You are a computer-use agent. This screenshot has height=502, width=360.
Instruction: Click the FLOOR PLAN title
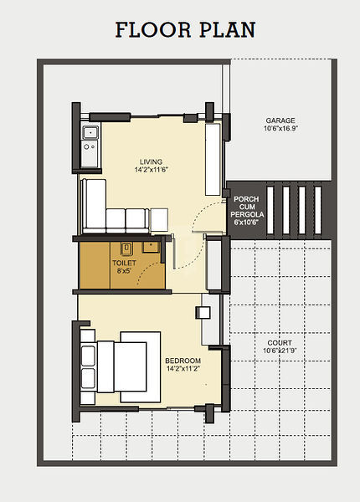185,30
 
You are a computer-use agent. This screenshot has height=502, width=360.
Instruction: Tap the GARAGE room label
280,120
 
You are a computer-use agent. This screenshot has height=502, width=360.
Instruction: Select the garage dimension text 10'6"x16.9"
280,129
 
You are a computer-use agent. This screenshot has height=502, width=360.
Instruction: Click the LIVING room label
152,161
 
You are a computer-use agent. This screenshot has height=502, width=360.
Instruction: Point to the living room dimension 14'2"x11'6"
152,169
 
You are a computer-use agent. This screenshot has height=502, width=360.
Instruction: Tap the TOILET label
124,263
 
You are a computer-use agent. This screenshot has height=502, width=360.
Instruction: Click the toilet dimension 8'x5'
124,271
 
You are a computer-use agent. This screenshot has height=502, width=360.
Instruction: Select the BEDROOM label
183,361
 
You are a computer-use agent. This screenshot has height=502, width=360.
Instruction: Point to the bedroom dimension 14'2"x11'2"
183,368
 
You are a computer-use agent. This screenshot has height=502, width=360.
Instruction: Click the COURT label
280,343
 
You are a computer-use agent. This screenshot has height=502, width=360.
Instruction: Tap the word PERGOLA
247,214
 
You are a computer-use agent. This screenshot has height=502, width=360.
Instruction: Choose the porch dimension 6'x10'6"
246,223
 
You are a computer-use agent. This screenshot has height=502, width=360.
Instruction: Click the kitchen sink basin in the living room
90,132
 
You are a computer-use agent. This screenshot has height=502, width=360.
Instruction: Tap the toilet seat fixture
126,248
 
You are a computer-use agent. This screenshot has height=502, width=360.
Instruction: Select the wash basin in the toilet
151,247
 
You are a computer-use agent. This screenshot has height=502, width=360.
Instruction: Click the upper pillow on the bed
88,356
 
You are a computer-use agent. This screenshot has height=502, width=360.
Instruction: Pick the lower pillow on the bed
88,378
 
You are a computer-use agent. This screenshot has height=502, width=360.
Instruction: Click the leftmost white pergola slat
270,210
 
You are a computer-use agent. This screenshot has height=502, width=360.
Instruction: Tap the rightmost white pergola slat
318,210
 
